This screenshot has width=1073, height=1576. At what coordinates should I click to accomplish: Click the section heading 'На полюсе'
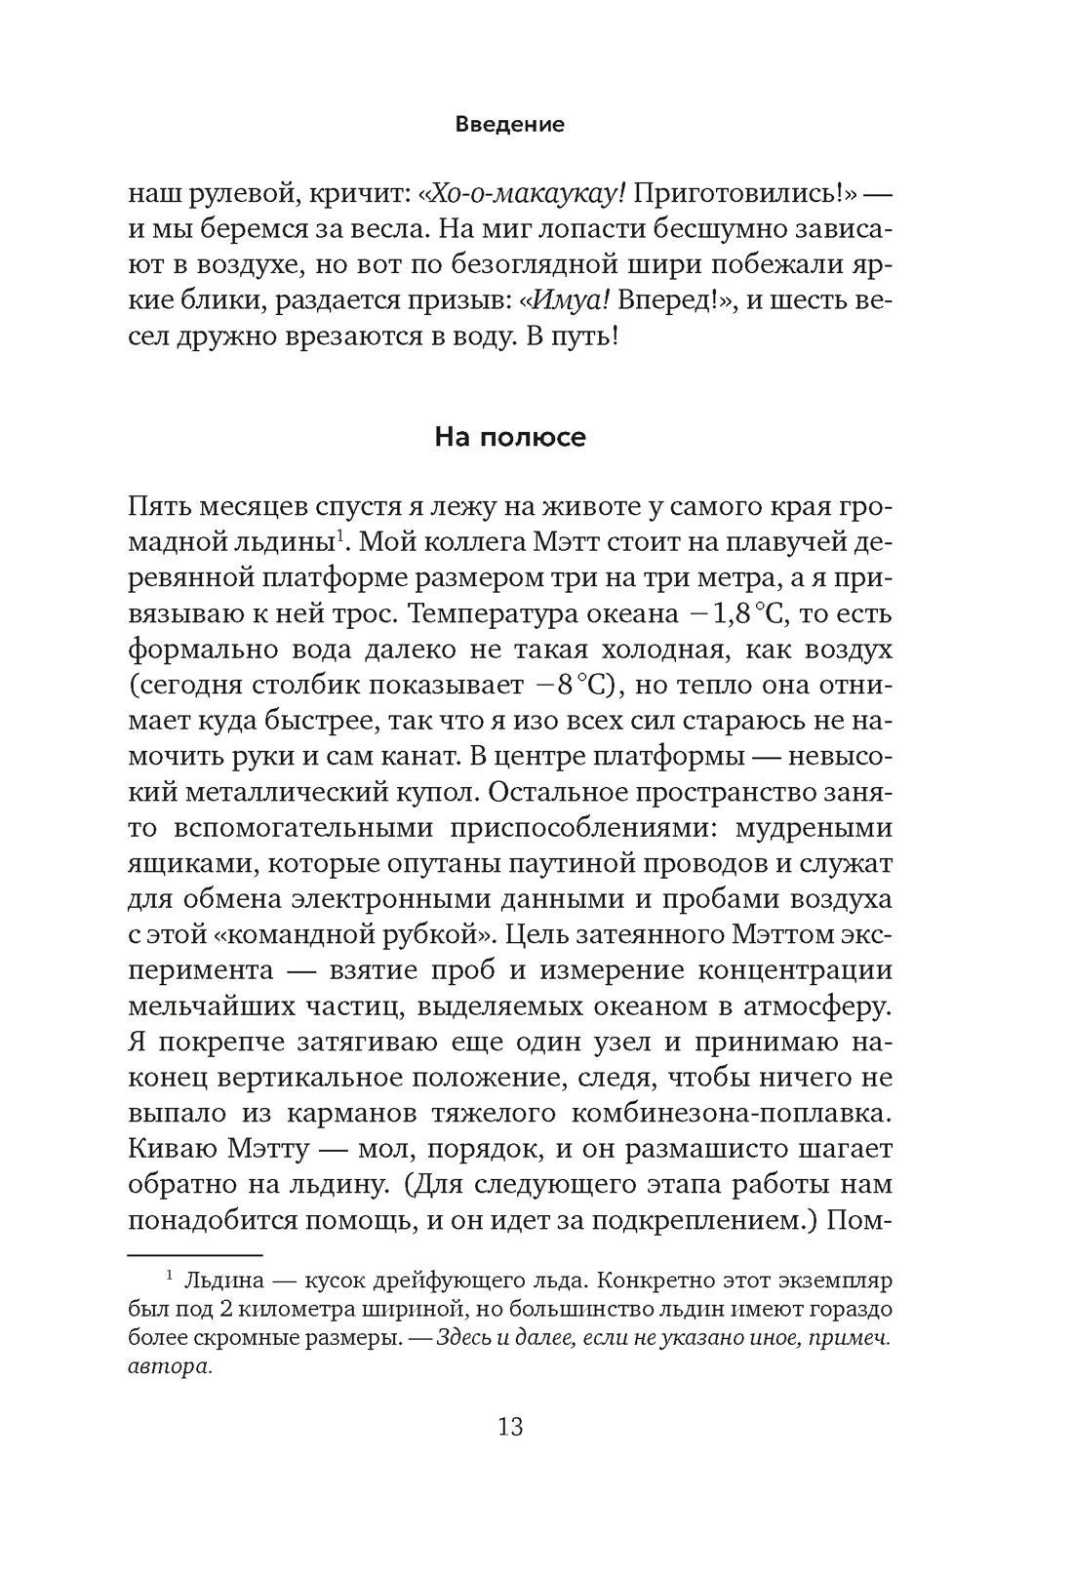tap(510, 437)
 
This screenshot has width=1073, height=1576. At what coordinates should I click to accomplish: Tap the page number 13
tap(510, 1427)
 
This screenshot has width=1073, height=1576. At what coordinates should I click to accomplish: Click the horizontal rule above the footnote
tap(195, 1255)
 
